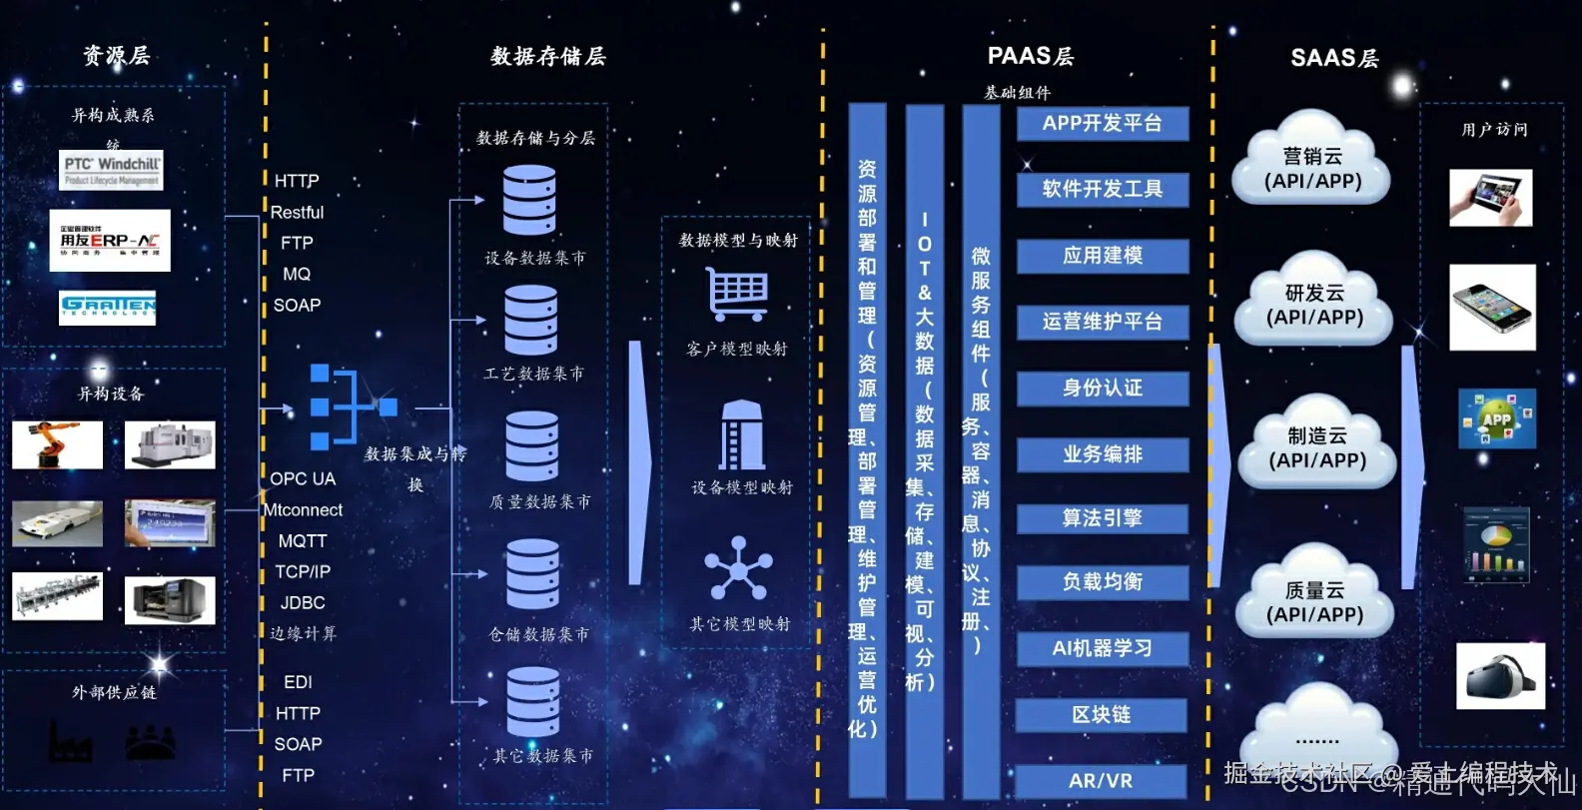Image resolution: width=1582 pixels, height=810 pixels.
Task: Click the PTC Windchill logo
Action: [x=111, y=170]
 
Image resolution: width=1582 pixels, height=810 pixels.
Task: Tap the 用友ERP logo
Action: [x=110, y=241]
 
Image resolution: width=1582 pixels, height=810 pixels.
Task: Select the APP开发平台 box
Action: [x=1103, y=124]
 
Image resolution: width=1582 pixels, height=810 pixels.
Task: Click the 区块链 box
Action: [x=1102, y=715]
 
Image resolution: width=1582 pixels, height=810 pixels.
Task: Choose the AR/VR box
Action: [x=1101, y=781]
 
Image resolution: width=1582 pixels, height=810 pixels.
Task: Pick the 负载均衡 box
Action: [x=1103, y=582]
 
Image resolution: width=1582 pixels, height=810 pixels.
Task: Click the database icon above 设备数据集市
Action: [x=529, y=200]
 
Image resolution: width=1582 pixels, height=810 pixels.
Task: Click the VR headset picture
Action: [x=1500, y=677]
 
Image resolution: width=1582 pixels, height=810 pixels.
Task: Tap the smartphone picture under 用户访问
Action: [x=1492, y=307]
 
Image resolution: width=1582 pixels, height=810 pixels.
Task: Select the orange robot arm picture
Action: [x=57, y=444]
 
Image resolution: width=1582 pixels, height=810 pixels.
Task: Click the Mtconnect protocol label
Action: [x=304, y=510]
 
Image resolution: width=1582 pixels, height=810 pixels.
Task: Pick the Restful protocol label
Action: [x=297, y=213]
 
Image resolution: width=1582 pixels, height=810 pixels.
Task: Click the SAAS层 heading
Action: [x=1334, y=58]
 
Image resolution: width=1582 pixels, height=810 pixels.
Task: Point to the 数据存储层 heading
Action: [x=547, y=57]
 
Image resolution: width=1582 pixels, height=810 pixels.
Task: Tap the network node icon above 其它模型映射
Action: [x=739, y=569]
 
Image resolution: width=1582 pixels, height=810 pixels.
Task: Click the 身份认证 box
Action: [x=1103, y=389]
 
